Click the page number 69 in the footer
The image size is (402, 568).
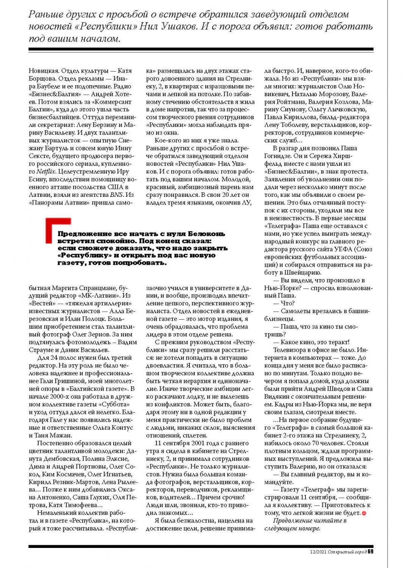coord(371,551)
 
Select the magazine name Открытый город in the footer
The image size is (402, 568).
coord(347,552)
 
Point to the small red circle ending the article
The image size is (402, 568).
coord(364,513)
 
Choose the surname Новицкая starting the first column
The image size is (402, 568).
coord(44,71)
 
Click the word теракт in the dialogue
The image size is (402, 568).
coord(338,342)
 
